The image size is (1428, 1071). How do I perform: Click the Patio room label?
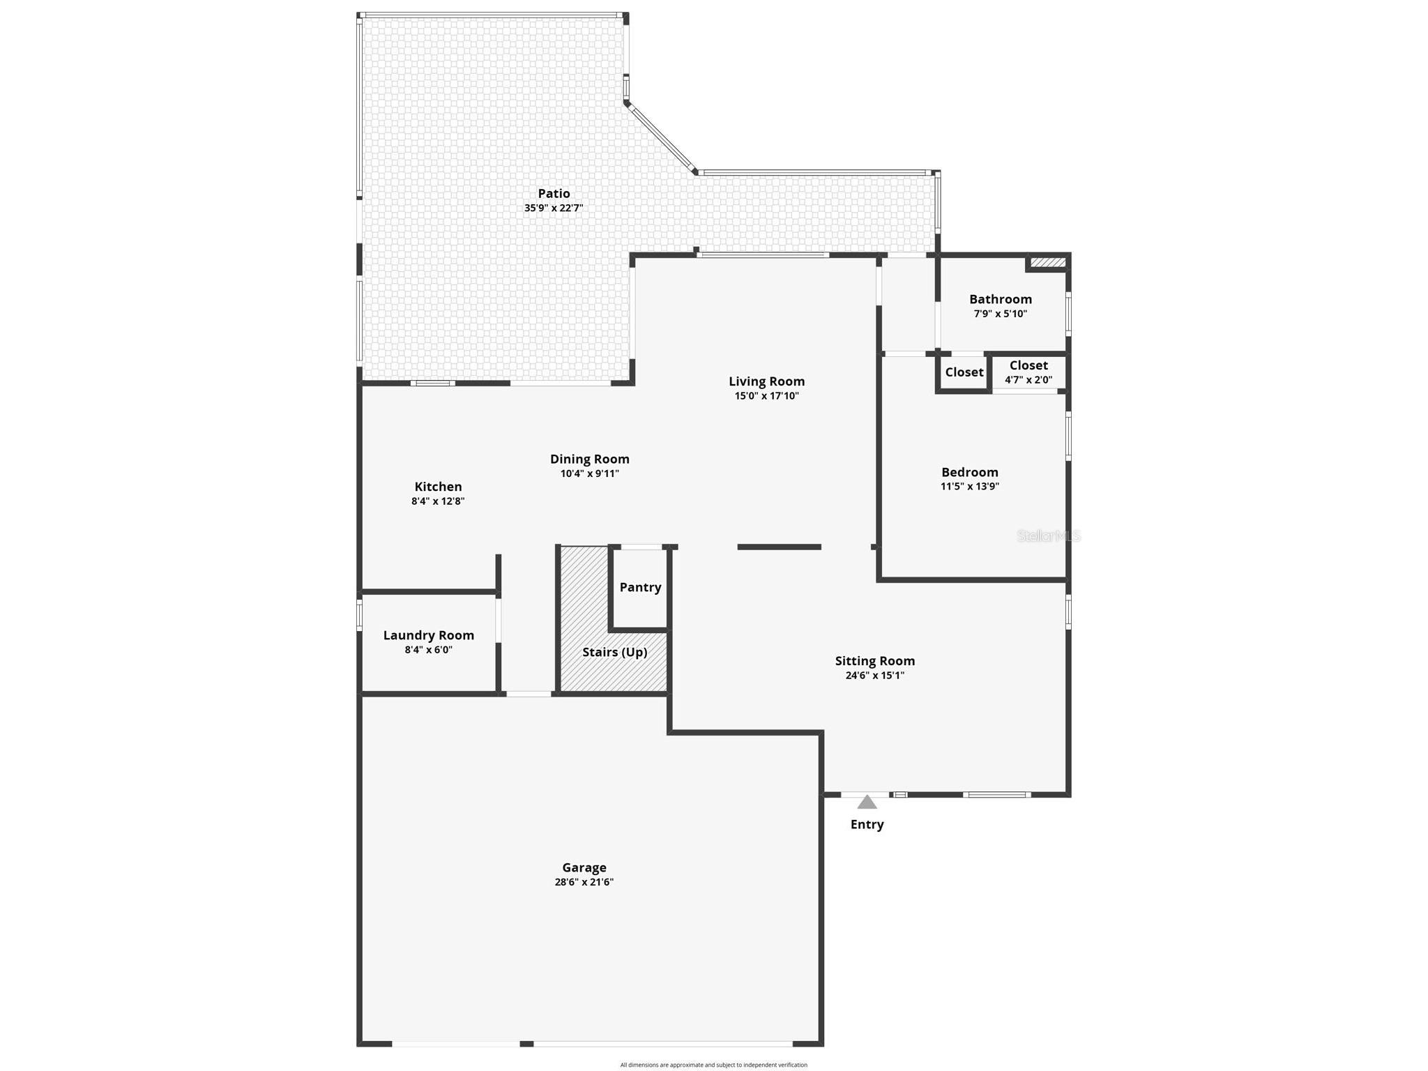(x=554, y=194)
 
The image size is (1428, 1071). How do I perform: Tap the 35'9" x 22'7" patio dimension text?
(x=554, y=208)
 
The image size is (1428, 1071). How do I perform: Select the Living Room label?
(x=766, y=381)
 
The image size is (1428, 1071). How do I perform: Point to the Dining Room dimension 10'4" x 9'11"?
(x=589, y=473)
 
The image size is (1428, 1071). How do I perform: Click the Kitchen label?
(x=438, y=487)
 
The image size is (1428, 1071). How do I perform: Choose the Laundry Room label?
(x=428, y=635)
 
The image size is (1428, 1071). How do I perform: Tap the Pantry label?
(x=640, y=587)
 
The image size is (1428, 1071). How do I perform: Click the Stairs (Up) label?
(x=614, y=652)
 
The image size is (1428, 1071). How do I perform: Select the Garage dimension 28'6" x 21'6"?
(x=584, y=882)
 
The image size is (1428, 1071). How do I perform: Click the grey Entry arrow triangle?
(x=867, y=803)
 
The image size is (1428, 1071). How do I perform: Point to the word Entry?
(x=867, y=824)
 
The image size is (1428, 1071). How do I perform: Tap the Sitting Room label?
(x=874, y=661)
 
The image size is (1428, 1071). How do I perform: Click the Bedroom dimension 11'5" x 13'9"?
(x=969, y=487)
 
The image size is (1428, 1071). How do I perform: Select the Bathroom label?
(x=1000, y=299)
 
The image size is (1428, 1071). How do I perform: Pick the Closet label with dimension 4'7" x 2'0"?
(x=1028, y=365)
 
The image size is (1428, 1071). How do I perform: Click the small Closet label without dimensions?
(x=964, y=372)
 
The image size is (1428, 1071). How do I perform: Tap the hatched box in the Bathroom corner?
(x=1047, y=262)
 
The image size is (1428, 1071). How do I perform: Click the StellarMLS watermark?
(x=1048, y=535)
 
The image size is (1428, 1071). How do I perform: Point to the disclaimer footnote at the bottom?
(x=713, y=1065)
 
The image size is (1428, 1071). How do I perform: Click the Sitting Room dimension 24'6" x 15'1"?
(x=874, y=675)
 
